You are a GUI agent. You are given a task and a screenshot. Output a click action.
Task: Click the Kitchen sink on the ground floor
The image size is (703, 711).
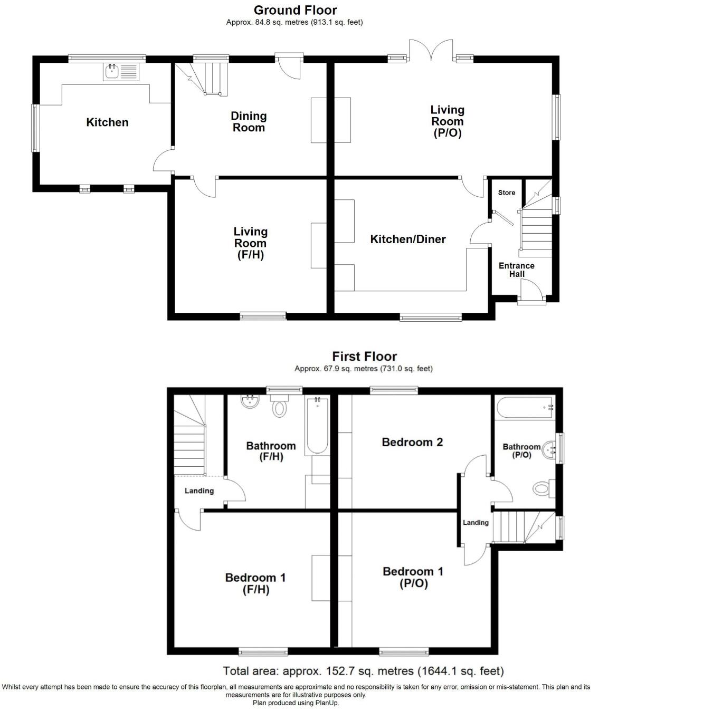(121, 71)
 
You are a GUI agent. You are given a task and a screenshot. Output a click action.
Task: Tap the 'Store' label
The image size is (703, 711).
(506, 193)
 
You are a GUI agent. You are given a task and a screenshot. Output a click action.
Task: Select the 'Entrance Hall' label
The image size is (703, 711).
(516, 270)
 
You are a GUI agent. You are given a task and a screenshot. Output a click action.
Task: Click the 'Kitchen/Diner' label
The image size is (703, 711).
(408, 239)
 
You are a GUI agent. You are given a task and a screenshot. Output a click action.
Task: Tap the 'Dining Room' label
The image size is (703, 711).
(249, 122)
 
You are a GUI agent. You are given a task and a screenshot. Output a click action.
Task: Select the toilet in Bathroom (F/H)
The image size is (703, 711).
(279, 407)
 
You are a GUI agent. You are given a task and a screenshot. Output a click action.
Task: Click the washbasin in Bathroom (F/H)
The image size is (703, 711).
(250, 401)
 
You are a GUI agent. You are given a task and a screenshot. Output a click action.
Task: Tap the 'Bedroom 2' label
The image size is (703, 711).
(412, 442)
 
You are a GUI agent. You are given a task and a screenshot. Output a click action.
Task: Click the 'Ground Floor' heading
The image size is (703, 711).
(295, 10)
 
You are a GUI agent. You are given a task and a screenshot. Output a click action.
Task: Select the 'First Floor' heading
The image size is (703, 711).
(364, 357)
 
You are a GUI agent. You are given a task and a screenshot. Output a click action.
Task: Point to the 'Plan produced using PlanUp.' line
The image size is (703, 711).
(296, 703)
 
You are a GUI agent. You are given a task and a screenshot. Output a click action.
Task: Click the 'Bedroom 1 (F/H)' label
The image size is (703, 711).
(255, 583)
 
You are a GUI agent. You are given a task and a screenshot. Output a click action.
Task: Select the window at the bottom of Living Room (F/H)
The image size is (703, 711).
(263, 316)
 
